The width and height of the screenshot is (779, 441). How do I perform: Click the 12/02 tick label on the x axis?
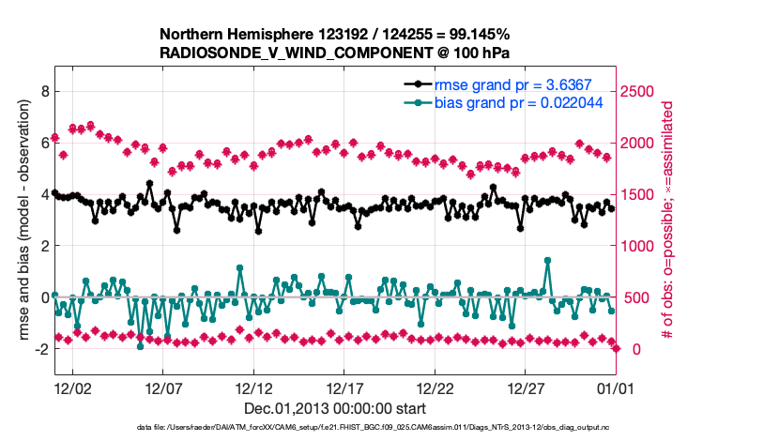pos(72,388)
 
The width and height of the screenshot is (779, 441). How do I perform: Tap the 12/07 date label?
pos(162,388)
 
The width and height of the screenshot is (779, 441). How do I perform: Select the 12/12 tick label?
pos(253,388)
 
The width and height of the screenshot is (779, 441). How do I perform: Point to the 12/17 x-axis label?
pos(344,388)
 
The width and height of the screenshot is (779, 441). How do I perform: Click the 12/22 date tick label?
pos(435,388)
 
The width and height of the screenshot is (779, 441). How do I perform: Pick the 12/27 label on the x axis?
pos(526,388)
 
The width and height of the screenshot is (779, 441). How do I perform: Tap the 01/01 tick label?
pos(616,388)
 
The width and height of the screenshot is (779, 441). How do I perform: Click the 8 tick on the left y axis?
pos(43,91)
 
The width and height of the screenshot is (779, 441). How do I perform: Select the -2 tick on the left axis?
pos(40,349)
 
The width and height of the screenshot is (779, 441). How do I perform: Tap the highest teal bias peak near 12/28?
pos(547,261)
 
